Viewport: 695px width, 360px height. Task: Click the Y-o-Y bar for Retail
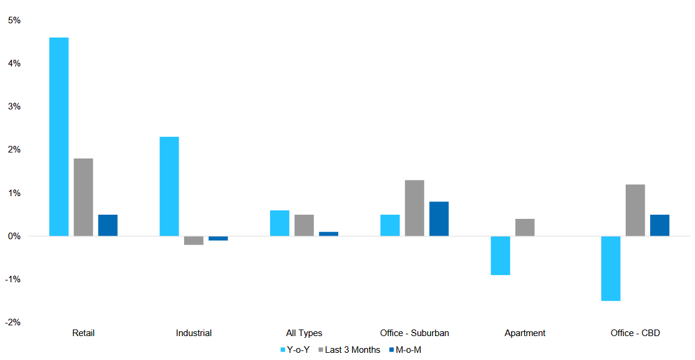click(59, 137)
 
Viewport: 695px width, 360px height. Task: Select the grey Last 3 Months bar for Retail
click(84, 197)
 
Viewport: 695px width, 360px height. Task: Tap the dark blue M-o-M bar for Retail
click(108, 225)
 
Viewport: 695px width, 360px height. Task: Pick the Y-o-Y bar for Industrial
click(169, 187)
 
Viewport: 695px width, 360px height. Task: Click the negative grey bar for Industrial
click(194, 240)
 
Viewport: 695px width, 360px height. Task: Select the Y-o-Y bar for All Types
click(280, 223)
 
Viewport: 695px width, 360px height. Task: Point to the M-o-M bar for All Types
click(328, 234)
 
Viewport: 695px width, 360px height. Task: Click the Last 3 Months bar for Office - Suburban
click(414, 208)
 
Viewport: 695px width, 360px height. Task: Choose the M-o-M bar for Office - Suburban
click(439, 219)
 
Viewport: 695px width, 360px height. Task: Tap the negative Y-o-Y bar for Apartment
click(500, 255)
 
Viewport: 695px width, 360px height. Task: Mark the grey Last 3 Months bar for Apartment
click(525, 227)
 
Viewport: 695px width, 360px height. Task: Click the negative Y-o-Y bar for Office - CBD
click(611, 269)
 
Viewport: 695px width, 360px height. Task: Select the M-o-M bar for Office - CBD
click(660, 225)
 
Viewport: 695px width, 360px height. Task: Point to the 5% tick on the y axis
click(14, 20)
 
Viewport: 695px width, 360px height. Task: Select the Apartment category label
click(525, 333)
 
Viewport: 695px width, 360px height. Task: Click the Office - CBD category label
click(635, 333)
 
